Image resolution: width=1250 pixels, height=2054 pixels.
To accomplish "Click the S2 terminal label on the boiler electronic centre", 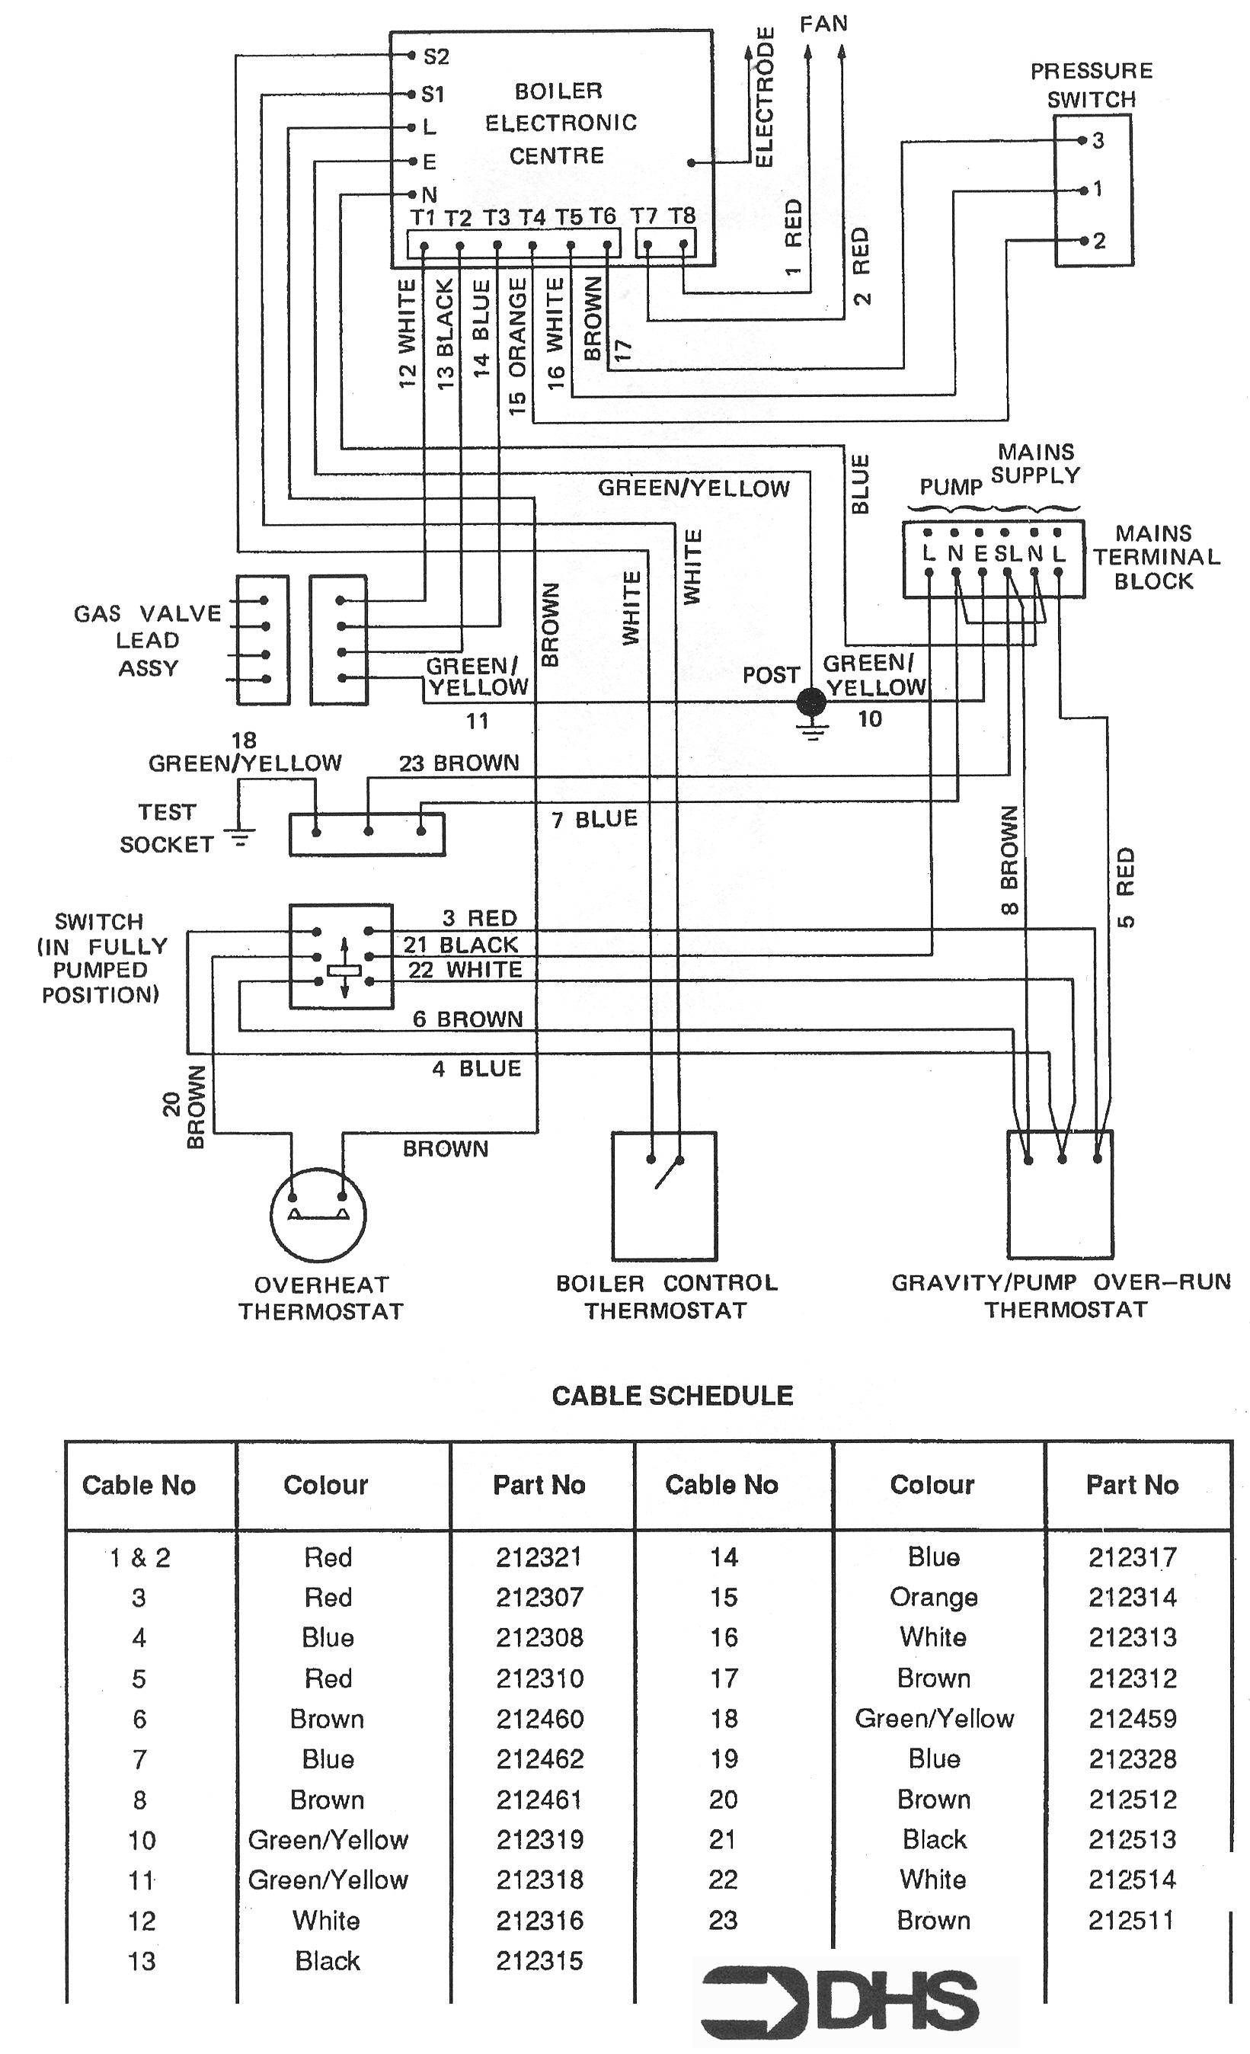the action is pyautogui.click(x=436, y=56).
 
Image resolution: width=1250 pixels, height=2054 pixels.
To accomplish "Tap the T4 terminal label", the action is pyautogui.click(x=532, y=218).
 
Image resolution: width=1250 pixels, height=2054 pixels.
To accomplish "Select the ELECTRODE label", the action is pyautogui.click(x=764, y=97).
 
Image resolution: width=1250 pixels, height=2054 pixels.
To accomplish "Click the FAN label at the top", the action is pyautogui.click(x=823, y=24).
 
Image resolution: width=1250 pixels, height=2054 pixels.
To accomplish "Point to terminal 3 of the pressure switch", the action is pyautogui.click(x=1082, y=140).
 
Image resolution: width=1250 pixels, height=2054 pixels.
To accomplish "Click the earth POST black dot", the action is pyautogui.click(x=810, y=702).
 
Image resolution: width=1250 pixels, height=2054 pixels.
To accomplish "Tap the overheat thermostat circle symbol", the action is pyautogui.click(x=318, y=1213).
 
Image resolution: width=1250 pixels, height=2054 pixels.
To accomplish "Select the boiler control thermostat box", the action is pyautogui.click(x=664, y=1195).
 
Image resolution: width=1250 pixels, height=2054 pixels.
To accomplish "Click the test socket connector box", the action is pyautogui.click(x=366, y=834).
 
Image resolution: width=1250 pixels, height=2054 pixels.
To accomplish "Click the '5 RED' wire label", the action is pyautogui.click(x=1125, y=888).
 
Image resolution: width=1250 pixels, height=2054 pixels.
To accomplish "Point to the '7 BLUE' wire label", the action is pyautogui.click(x=594, y=820).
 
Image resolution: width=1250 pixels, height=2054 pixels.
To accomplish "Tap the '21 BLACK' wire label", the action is pyautogui.click(x=461, y=945).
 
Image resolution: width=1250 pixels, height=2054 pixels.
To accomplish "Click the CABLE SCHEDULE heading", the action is pyautogui.click(x=673, y=1396).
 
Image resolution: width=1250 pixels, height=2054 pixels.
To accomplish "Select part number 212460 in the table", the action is pyautogui.click(x=540, y=1719).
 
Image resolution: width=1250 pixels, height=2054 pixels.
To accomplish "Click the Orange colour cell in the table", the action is pyautogui.click(x=933, y=1598).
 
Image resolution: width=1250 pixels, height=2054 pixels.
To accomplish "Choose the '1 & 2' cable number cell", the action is pyautogui.click(x=140, y=1557).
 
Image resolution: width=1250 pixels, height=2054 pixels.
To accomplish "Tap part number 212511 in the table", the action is pyautogui.click(x=1131, y=1921).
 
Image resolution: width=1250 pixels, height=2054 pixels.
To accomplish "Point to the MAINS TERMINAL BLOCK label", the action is pyautogui.click(x=1156, y=557).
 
